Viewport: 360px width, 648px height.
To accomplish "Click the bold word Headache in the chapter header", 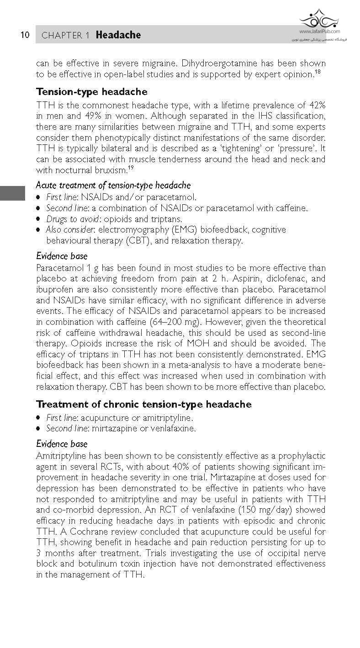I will point(118,35).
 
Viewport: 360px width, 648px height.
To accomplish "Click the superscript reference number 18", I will point(317,72).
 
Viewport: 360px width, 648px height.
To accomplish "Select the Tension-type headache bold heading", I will point(91,91).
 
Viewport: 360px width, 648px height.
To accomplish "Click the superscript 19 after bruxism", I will point(130,168).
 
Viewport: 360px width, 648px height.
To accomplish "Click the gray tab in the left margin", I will point(12,193).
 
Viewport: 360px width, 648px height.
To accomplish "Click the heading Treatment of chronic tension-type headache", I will point(143,404).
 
